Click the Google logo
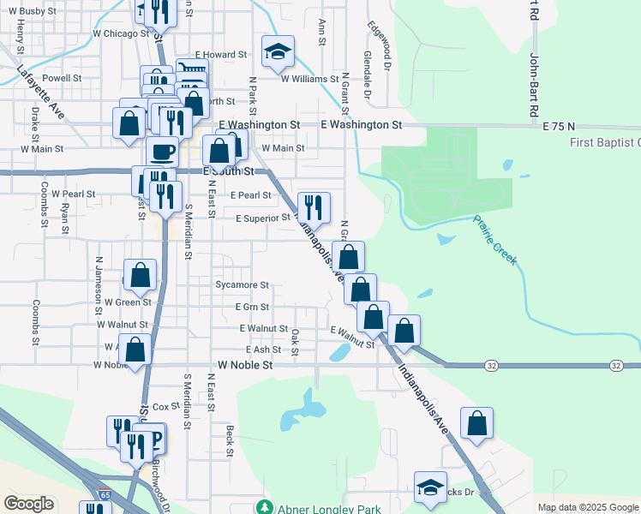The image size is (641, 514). [28, 504]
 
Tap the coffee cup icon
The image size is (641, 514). [162, 151]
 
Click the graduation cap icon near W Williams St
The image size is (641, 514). [278, 51]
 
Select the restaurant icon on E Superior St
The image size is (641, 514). [313, 206]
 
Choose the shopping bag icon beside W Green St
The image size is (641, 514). [141, 274]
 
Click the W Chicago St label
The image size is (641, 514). [121, 33]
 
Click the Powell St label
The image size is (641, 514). [62, 77]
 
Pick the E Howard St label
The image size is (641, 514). [221, 55]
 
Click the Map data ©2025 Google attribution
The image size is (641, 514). [588, 507]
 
